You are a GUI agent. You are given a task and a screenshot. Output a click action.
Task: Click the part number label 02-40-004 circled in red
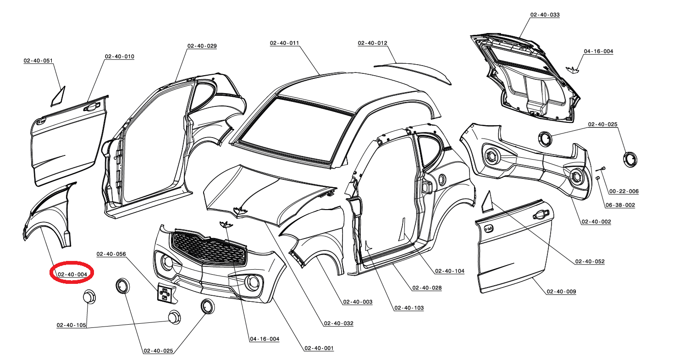pos(72,274)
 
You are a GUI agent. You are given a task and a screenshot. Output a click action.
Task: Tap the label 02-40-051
pos(38,60)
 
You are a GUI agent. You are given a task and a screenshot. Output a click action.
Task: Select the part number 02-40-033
pos(545,15)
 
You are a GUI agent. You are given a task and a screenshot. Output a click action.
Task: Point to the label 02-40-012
pos(372,43)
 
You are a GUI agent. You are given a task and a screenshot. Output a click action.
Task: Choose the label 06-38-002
pos(620,205)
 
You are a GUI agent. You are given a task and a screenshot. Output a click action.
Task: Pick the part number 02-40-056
pos(111,254)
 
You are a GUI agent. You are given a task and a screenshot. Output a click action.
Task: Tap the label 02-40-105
pos(71,325)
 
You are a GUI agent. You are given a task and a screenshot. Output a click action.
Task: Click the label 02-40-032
pos(338,323)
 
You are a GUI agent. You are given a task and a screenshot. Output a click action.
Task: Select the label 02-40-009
pos(561,291)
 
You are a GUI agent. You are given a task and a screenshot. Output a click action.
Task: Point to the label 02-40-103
pos(408,308)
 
